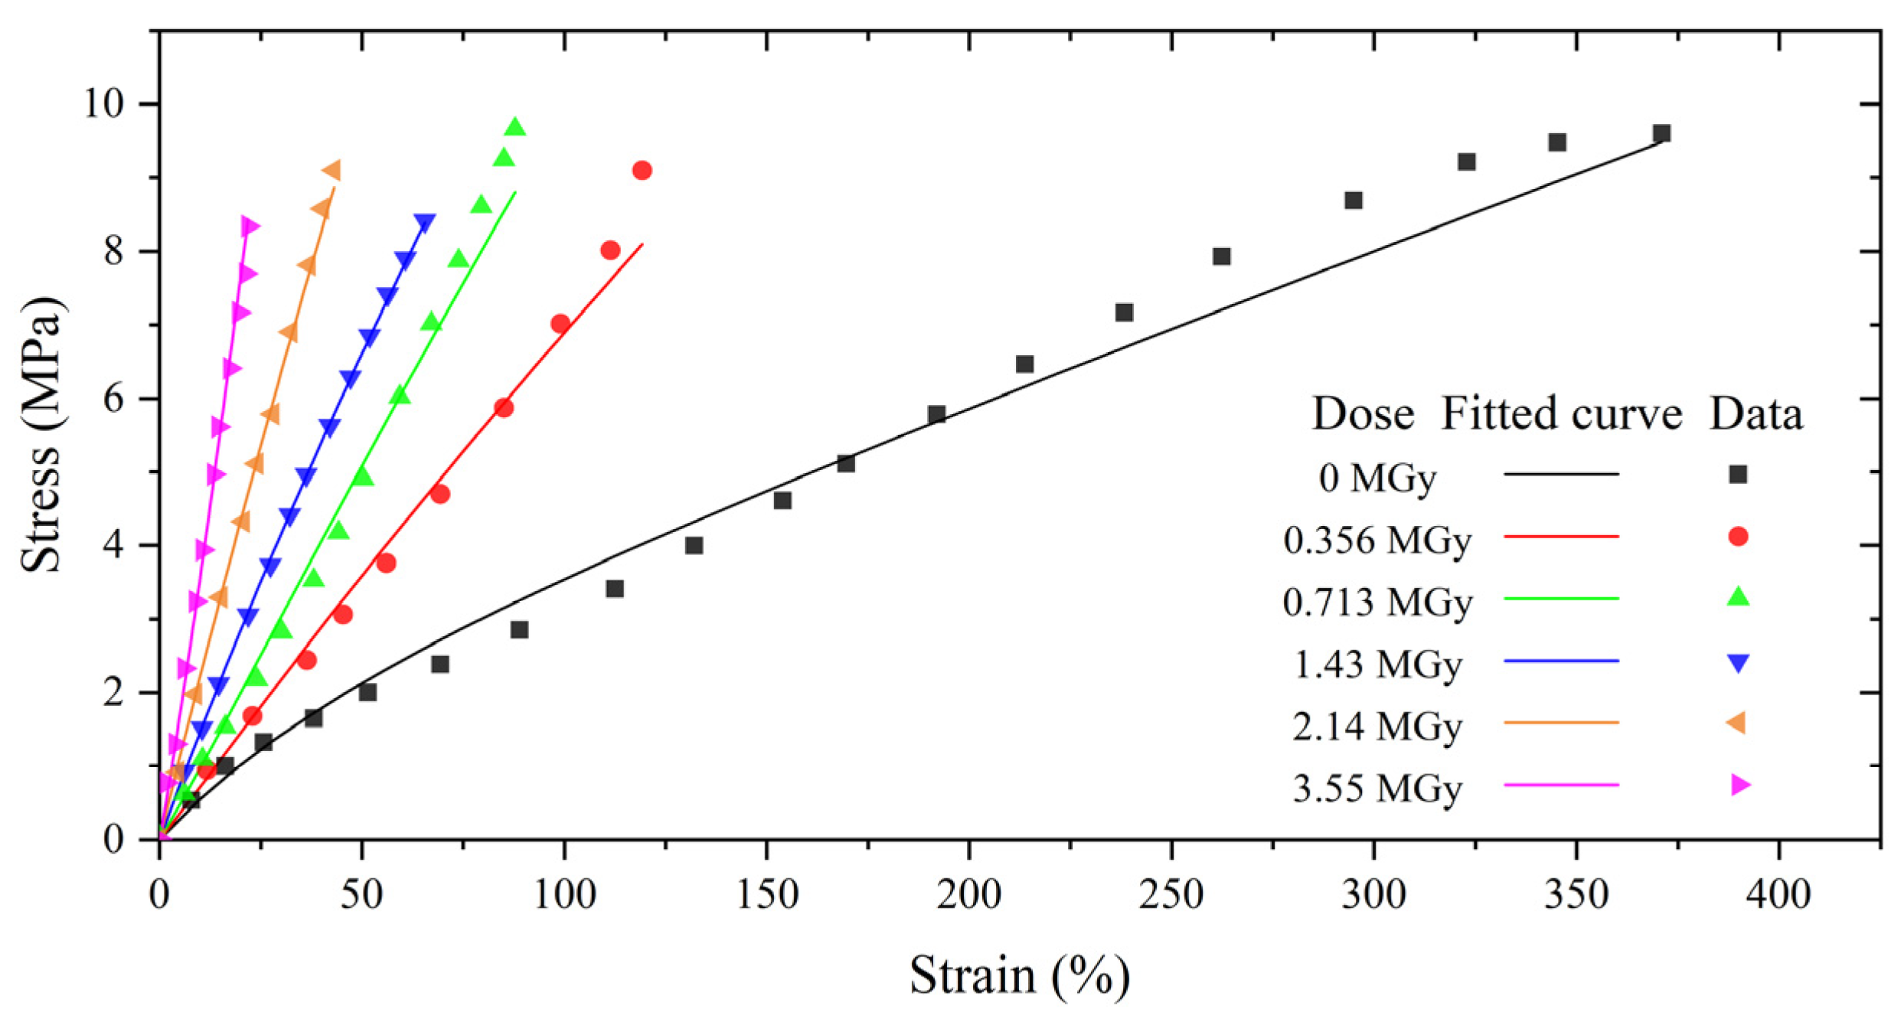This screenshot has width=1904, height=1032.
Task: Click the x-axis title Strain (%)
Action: [1019, 977]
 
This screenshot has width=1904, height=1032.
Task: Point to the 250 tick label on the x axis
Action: [1171, 894]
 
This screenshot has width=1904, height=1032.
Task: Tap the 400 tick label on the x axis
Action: [1778, 894]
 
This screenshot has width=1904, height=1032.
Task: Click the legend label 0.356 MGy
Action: [1377, 541]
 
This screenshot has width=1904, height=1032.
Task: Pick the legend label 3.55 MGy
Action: [1377, 789]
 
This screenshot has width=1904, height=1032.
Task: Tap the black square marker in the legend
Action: [1739, 475]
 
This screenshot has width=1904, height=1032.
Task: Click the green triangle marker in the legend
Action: [1739, 597]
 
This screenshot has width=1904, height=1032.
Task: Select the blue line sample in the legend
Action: [1561, 661]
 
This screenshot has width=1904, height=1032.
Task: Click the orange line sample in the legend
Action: [1561, 723]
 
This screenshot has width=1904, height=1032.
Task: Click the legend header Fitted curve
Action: [1561, 414]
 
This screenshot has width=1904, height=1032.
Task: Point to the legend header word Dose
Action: [1363, 414]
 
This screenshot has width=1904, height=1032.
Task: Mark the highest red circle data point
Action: [642, 170]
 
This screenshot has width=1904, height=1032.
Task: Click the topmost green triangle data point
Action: [515, 127]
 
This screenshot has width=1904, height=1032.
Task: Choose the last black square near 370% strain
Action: [1661, 134]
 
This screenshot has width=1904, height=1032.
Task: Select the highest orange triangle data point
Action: [331, 170]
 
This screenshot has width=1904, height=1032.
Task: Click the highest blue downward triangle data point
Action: [425, 224]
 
